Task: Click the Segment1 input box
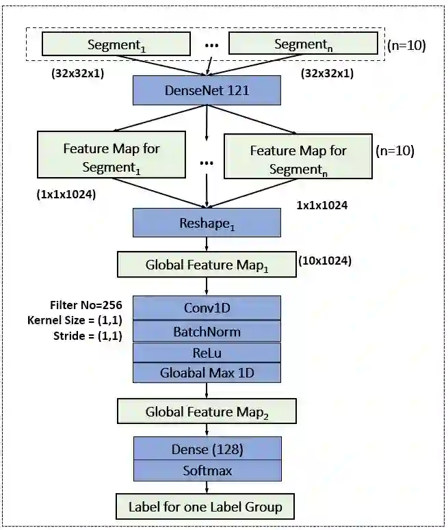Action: tap(116, 44)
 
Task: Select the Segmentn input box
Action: tap(302, 44)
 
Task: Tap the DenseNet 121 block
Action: tap(207, 90)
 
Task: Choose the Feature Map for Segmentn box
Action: tap(298, 159)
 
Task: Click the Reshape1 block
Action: tap(207, 223)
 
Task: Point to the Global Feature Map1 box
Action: tap(207, 265)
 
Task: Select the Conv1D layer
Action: tap(207, 308)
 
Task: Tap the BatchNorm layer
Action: tap(207, 332)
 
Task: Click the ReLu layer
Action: tap(207, 352)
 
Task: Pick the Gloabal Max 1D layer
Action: tap(207, 373)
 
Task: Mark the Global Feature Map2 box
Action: tap(207, 412)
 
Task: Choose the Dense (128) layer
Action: tap(207, 449)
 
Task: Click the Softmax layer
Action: tap(207, 471)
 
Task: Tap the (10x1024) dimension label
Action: tap(325, 261)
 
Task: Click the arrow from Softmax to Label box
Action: tap(207, 487)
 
